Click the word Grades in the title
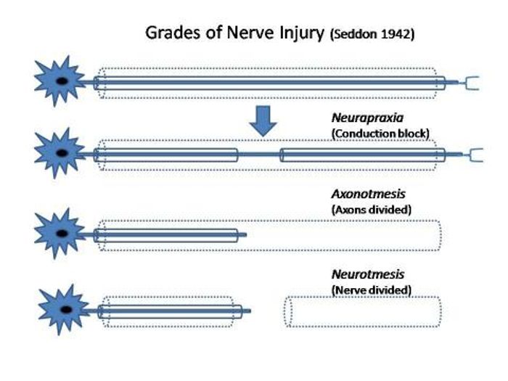pyautogui.click(x=173, y=33)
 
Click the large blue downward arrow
pyautogui.click(x=263, y=121)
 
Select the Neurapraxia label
pyautogui.click(x=367, y=118)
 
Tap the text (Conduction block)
pyautogui.click(x=380, y=134)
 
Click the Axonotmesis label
pyautogui.click(x=369, y=194)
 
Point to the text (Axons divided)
pyautogui.click(x=372, y=210)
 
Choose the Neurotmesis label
pyautogui.click(x=368, y=274)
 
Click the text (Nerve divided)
pyautogui.click(x=372, y=290)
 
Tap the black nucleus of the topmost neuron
pyautogui.click(x=62, y=81)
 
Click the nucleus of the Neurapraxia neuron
pyautogui.click(x=62, y=153)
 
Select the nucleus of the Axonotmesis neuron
pyautogui.click(x=62, y=233)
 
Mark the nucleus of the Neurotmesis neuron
pyautogui.click(x=66, y=310)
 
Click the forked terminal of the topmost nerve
pyautogui.click(x=472, y=83)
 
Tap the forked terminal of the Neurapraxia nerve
pyautogui.click(x=475, y=155)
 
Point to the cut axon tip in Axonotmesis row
pyautogui.click(x=245, y=235)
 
